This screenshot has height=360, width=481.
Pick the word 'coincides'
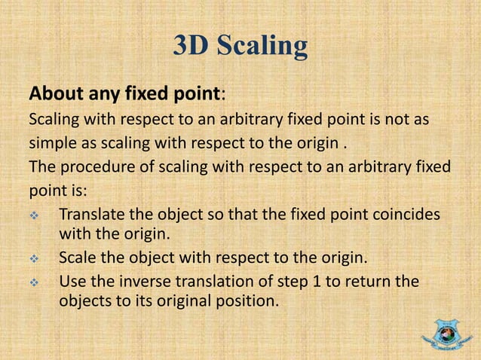point(407,214)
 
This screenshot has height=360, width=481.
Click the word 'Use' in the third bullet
point(72,283)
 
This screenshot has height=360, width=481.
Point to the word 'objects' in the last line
point(84,304)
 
